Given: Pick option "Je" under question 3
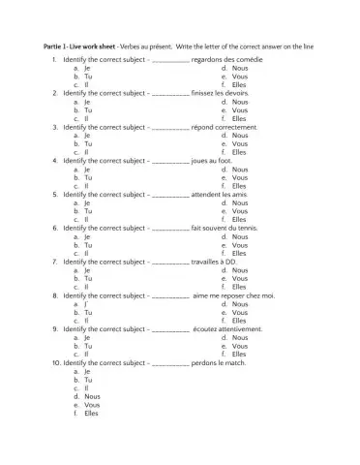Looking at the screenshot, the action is tap(87, 136).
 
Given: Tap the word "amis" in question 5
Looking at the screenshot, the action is tap(243, 194).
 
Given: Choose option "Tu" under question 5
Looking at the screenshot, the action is tap(87, 210).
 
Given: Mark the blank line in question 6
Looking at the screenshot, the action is tap(170, 229).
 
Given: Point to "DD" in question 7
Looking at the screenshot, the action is tap(231, 261).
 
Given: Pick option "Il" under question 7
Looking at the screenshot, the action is tap(87, 286).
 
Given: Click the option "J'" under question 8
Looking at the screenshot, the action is tap(87, 303).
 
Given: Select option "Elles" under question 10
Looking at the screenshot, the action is tap(92, 413).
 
